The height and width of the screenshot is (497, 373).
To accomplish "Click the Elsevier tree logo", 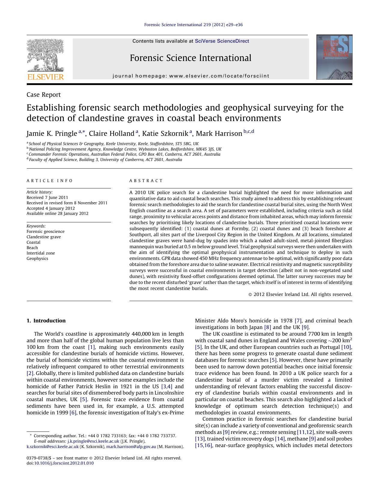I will tap(45, 55).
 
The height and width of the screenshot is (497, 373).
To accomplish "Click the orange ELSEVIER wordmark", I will tap(45, 77).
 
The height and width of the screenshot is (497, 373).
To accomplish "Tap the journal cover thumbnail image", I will tap(334, 57).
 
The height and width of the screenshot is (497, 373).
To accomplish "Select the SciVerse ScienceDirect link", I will tap(222, 41).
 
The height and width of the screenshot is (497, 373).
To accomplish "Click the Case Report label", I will tap(44, 95).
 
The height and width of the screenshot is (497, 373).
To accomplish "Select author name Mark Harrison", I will tap(219, 133).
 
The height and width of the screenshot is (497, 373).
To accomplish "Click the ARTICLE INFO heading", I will tap(50, 181).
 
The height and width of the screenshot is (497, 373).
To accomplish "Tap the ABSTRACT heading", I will tap(146, 181).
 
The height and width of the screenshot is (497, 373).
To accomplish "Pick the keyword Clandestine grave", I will tap(44, 237).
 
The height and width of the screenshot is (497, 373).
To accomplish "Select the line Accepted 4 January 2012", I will tap(50, 208).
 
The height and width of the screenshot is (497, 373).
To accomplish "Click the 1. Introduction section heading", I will tap(46, 321).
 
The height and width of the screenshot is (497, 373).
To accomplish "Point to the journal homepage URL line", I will tap(191, 76).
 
